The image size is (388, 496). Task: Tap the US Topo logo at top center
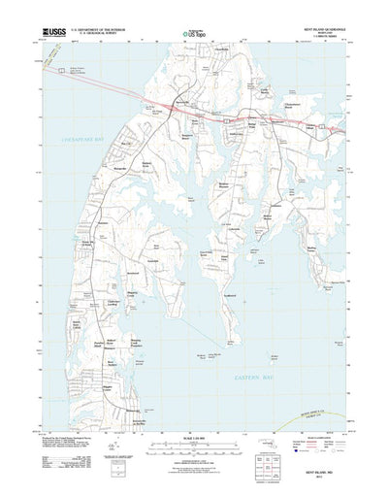pos(193,34)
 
